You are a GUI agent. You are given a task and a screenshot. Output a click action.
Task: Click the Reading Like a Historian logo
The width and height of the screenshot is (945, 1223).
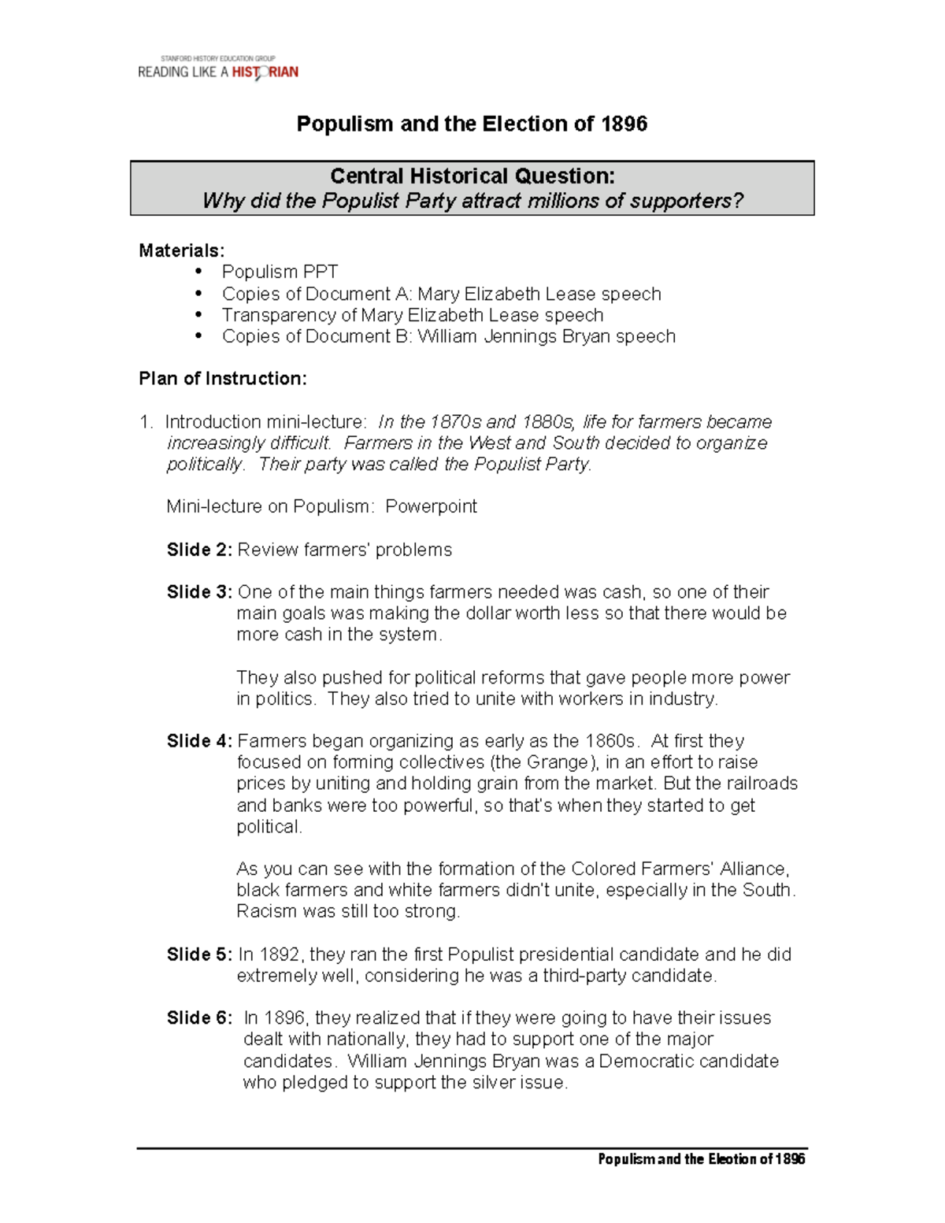coord(218,69)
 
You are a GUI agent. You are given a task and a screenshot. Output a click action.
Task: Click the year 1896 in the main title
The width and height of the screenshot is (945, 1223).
coord(624,124)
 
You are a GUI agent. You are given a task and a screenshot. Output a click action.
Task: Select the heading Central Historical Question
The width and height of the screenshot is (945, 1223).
coord(472,176)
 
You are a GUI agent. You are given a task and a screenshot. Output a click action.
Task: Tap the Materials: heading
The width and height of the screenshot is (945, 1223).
coord(182,250)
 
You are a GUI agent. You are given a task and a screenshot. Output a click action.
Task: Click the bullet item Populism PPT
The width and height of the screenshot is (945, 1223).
coord(280,272)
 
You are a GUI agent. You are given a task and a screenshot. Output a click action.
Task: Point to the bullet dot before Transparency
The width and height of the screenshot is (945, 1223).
coord(200,314)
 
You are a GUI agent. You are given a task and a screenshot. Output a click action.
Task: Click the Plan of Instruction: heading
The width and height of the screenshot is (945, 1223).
coord(223,379)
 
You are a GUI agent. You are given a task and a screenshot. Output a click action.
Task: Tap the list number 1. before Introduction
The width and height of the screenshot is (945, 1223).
coord(146,422)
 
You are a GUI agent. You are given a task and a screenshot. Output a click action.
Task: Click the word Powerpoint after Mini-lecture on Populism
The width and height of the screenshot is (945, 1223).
coord(431,506)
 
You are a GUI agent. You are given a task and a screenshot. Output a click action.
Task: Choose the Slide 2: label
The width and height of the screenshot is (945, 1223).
coord(199,550)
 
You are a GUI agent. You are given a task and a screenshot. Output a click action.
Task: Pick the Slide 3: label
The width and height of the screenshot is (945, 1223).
coord(199,592)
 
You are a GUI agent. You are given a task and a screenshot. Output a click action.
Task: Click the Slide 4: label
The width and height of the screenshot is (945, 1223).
coord(199,741)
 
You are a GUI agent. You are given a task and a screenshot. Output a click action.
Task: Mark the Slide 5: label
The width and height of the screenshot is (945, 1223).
coord(199,954)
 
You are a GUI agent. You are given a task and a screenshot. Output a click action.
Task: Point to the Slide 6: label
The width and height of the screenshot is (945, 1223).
coord(199,1018)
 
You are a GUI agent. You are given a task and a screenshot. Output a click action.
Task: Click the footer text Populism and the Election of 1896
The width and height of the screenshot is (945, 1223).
coord(701,1158)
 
